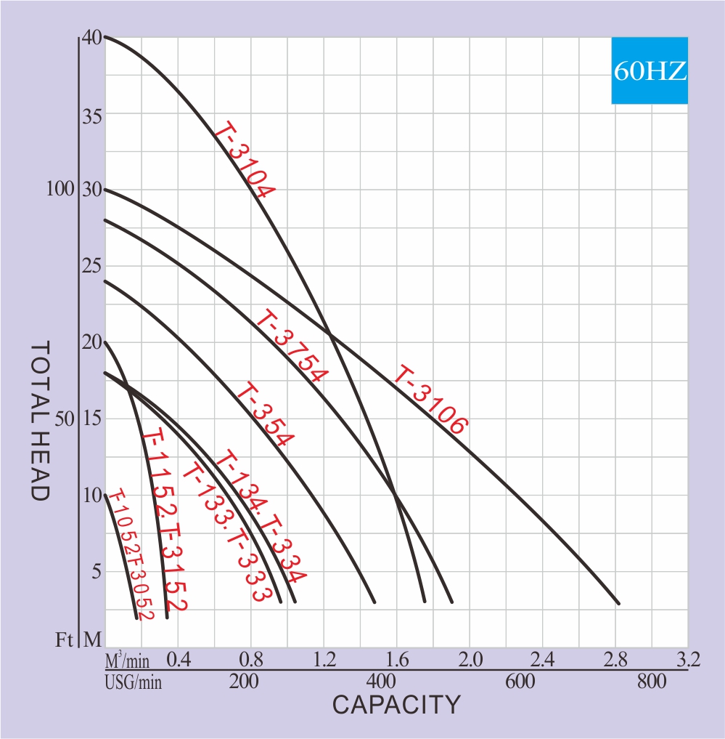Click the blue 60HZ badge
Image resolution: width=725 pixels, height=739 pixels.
tap(650, 70)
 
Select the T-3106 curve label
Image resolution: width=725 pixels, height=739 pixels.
tap(430, 401)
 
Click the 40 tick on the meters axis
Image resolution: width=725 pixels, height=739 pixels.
tap(92, 36)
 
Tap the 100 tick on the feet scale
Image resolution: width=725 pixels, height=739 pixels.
tap(60, 190)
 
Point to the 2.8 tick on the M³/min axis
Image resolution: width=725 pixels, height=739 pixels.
tap(615, 660)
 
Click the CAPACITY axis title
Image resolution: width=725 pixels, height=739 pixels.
tap(396, 705)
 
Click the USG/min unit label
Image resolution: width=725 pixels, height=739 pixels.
tap(134, 682)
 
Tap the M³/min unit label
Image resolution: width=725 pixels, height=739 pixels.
tap(127, 661)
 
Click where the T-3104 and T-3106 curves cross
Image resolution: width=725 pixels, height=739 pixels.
tap(330, 334)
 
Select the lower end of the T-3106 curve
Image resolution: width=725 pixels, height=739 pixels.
tap(618, 603)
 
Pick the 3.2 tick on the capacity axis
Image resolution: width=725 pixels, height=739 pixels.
tap(687, 660)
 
